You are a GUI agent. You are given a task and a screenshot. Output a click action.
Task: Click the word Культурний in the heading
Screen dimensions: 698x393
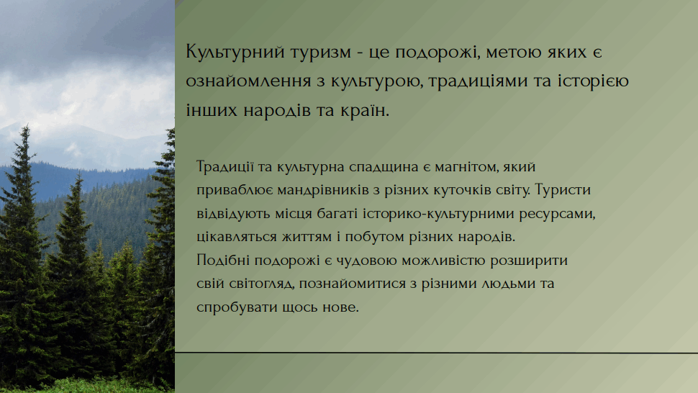tap(235, 53)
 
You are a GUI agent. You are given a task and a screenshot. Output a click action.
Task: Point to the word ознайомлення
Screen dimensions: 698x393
tap(248, 81)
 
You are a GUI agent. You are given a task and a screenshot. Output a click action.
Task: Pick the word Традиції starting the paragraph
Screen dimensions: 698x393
tap(225, 167)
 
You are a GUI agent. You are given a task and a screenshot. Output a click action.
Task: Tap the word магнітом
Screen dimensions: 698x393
tap(466, 167)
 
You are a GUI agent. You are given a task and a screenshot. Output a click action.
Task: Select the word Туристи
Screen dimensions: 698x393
tap(563, 190)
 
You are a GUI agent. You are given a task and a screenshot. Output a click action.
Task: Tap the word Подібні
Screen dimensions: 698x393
tap(223, 260)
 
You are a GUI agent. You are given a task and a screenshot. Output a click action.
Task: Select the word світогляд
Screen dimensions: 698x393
tap(262, 284)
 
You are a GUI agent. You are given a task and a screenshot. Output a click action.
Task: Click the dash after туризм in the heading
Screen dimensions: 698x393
tap(360, 53)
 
